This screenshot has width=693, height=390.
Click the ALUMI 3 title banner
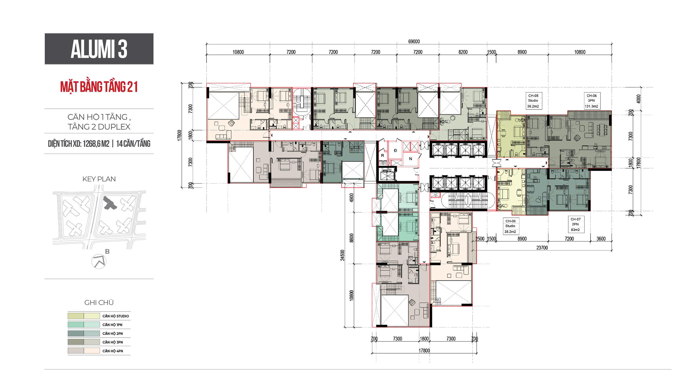[x=99, y=49]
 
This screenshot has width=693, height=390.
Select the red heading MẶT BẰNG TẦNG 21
[x=99, y=87]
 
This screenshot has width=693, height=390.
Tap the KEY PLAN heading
[x=99, y=179]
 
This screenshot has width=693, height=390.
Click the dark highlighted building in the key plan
[x=110, y=203]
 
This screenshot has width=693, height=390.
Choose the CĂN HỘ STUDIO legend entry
[x=99, y=316]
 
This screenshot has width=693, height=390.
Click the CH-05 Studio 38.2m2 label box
[x=533, y=101]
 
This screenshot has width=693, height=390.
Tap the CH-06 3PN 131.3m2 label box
[x=591, y=101]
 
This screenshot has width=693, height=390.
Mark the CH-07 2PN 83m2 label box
[x=576, y=224]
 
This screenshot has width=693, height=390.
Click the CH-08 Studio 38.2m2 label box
[x=510, y=226]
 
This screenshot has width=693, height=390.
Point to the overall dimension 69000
[x=414, y=41]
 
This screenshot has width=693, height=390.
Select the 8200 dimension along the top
[x=463, y=52]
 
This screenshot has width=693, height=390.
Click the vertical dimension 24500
[x=342, y=255]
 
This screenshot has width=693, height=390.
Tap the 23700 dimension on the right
[x=542, y=248]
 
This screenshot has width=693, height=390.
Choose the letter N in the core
[x=410, y=159]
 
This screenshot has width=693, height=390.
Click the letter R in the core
[x=383, y=156]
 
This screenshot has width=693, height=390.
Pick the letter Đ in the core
[x=395, y=150]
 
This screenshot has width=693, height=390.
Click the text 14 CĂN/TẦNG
[x=133, y=144]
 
